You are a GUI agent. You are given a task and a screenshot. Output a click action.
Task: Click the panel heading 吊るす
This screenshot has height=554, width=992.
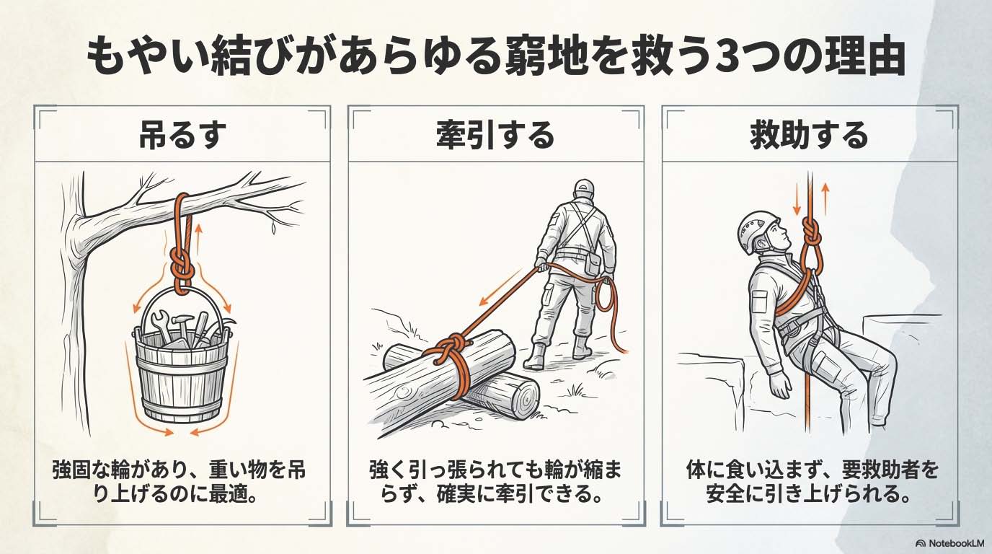pos(182,135)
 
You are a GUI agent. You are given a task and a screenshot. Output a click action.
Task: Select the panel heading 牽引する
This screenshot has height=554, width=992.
pos(495,135)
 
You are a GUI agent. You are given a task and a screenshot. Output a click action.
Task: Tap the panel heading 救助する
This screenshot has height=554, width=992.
pos(809,135)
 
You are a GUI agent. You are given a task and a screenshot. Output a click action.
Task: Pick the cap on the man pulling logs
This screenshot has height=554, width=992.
pos(584,188)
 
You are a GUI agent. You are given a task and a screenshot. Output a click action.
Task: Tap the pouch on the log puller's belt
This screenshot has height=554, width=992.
pos(592,265)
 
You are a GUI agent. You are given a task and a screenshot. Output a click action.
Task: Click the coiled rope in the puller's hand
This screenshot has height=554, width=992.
pos(605,295)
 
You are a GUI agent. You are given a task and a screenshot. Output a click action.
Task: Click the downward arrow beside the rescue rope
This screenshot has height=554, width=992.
pos(797,199)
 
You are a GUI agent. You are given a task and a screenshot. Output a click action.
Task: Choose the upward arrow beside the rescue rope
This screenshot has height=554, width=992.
pos(825,199)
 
